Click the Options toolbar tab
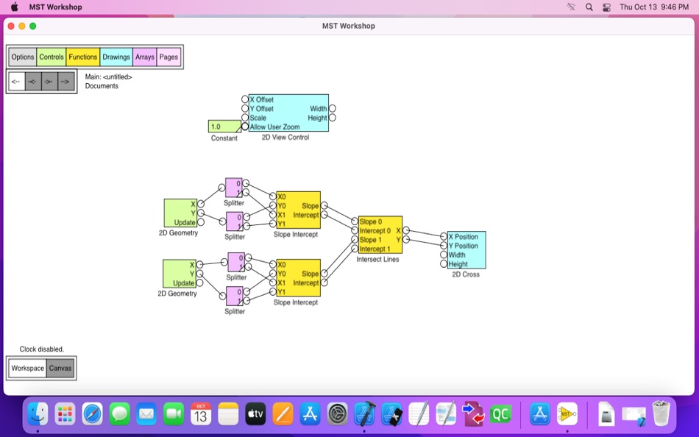[23, 57]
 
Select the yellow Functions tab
[83, 57]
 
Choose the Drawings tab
[116, 57]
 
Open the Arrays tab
[145, 57]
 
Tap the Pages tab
[168, 57]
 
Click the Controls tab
[52, 57]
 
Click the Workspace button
[28, 368]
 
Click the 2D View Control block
[288, 113]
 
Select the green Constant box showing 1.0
[224, 127]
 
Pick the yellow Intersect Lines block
[380, 235]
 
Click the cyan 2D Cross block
[466, 250]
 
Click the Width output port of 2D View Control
[333, 109]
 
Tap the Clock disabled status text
[42, 349]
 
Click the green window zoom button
[33, 26]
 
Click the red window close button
[11, 26]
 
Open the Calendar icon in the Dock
[201, 413]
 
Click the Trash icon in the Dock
[661, 413]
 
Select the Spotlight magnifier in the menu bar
[589, 7]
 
